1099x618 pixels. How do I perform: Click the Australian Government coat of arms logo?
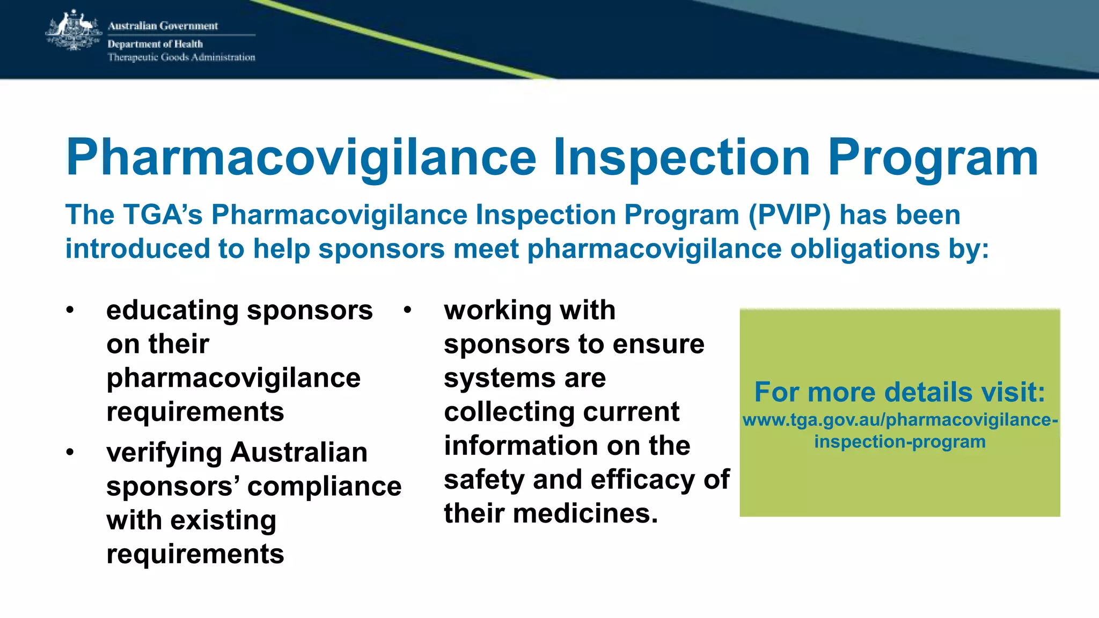pos(74,31)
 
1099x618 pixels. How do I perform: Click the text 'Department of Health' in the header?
pos(155,44)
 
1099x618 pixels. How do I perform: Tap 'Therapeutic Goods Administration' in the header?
pos(181,57)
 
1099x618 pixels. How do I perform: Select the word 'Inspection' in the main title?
pos(682,157)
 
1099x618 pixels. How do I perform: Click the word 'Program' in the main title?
pos(933,157)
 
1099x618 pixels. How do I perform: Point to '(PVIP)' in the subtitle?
pos(789,215)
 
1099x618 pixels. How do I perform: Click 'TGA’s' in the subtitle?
pos(163,215)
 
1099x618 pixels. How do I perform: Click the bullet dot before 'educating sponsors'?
pos(70,311)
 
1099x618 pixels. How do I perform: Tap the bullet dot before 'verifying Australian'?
pos(70,453)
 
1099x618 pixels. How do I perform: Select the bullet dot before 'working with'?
pos(408,311)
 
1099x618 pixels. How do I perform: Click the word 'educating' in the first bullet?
pos(172,311)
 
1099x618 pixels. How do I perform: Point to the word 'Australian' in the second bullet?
pos(299,452)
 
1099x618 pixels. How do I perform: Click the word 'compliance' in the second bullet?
pos(324,487)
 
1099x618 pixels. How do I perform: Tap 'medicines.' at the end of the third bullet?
pos(585,513)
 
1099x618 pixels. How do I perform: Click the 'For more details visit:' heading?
pos(900,392)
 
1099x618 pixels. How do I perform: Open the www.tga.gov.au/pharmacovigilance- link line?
pos(900,420)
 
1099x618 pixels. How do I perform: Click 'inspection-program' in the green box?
pos(900,442)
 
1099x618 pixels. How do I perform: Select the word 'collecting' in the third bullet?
pos(509,412)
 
